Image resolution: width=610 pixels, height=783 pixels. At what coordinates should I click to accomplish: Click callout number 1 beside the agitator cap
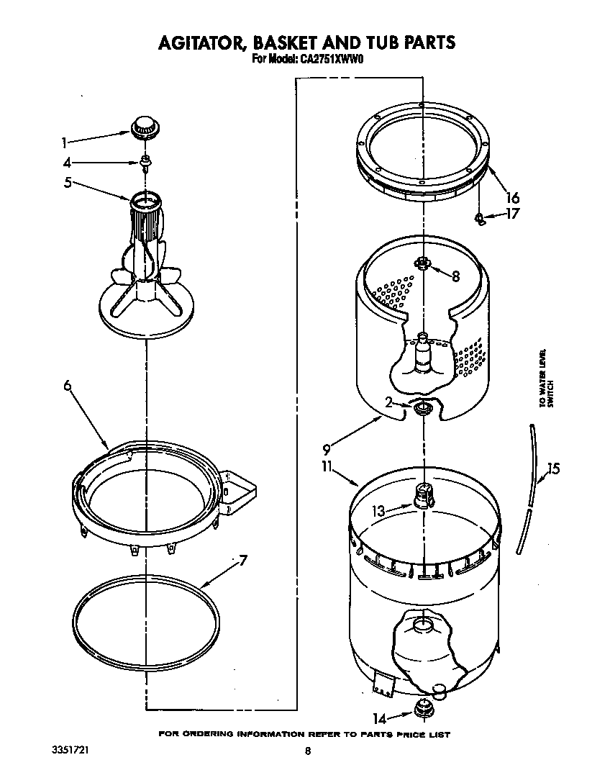(65, 142)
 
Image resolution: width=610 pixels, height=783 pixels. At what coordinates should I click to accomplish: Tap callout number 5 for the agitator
(67, 183)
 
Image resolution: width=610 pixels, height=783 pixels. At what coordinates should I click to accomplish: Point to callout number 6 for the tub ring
(67, 386)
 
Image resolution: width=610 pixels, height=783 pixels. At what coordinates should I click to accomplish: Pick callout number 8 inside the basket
(455, 276)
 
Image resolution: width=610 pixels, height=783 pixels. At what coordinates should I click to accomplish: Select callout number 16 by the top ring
(512, 197)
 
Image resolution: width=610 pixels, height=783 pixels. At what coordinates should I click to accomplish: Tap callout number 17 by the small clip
(512, 214)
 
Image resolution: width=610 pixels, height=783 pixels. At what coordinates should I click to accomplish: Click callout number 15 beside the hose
(552, 469)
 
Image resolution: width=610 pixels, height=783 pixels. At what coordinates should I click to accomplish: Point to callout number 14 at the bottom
(378, 717)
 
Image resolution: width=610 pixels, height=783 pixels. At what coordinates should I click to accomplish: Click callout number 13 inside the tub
(379, 511)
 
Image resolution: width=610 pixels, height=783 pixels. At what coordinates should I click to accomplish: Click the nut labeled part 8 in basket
(423, 264)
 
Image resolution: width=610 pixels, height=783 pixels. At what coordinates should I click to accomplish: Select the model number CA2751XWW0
(330, 60)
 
